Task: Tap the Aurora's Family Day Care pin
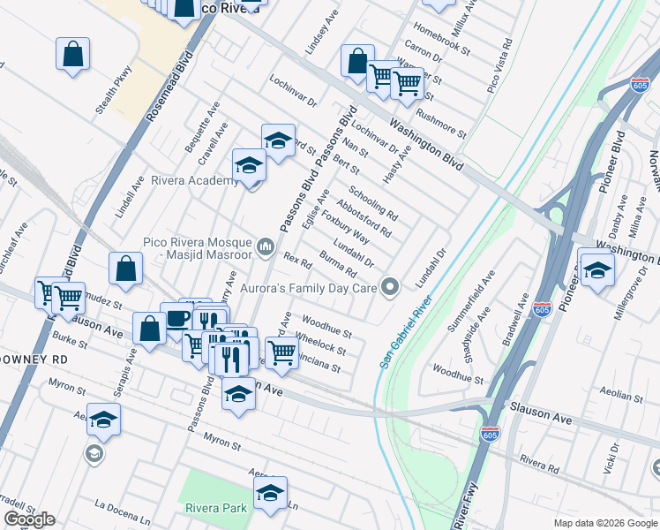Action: click(390, 285)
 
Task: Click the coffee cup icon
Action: click(176, 319)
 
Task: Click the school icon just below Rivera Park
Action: click(270, 495)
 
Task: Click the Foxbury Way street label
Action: click(345, 227)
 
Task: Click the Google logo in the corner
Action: click(29, 519)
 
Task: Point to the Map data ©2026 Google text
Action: click(604, 523)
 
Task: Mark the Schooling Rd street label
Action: click(373, 204)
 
